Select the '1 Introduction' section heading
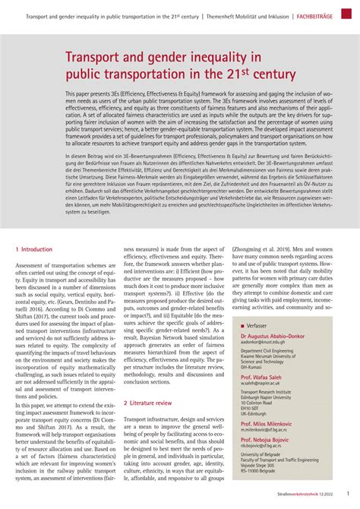pos(34,248)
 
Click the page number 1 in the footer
pos(347,494)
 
